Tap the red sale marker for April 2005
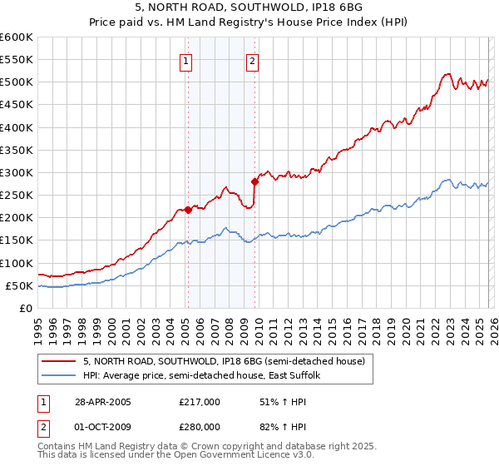(188, 210)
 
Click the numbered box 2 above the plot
(251, 60)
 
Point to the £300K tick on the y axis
(17, 172)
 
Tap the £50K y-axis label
(19, 285)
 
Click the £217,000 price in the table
(200, 402)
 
